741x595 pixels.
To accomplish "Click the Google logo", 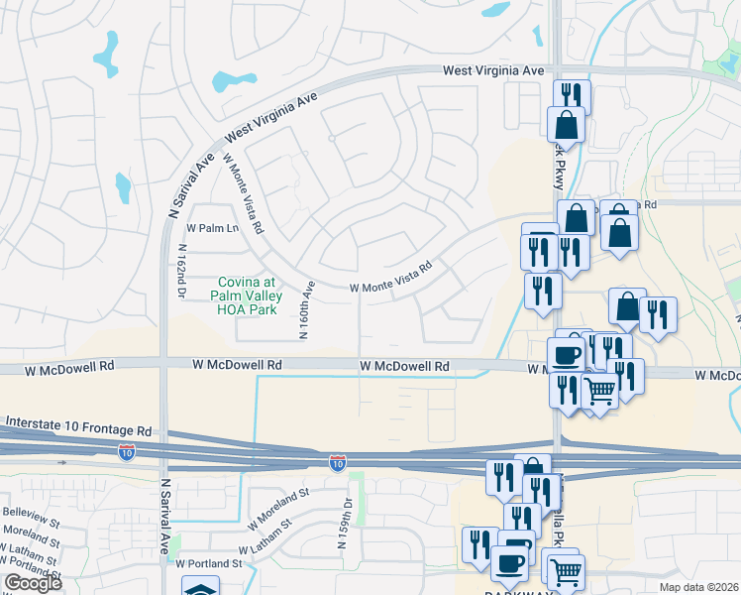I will click(x=33, y=583).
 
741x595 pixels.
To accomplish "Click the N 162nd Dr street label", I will click(x=182, y=271).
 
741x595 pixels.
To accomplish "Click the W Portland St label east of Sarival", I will click(x=211, y=562).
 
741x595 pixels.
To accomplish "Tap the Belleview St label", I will click(x=26, y=516).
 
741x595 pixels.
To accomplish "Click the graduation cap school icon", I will click(x=203, y=588).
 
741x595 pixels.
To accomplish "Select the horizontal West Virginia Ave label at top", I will click(x=493, y=71).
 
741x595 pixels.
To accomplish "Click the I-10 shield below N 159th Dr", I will click(x=338, y=462).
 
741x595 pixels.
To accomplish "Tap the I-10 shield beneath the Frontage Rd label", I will click(x=127, y=452).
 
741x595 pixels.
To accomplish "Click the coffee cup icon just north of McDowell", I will click(x=567, y=353).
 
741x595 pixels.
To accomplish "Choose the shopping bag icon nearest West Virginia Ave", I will click(x=566, y=124).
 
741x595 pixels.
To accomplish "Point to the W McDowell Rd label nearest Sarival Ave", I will click(x=238, y=365).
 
